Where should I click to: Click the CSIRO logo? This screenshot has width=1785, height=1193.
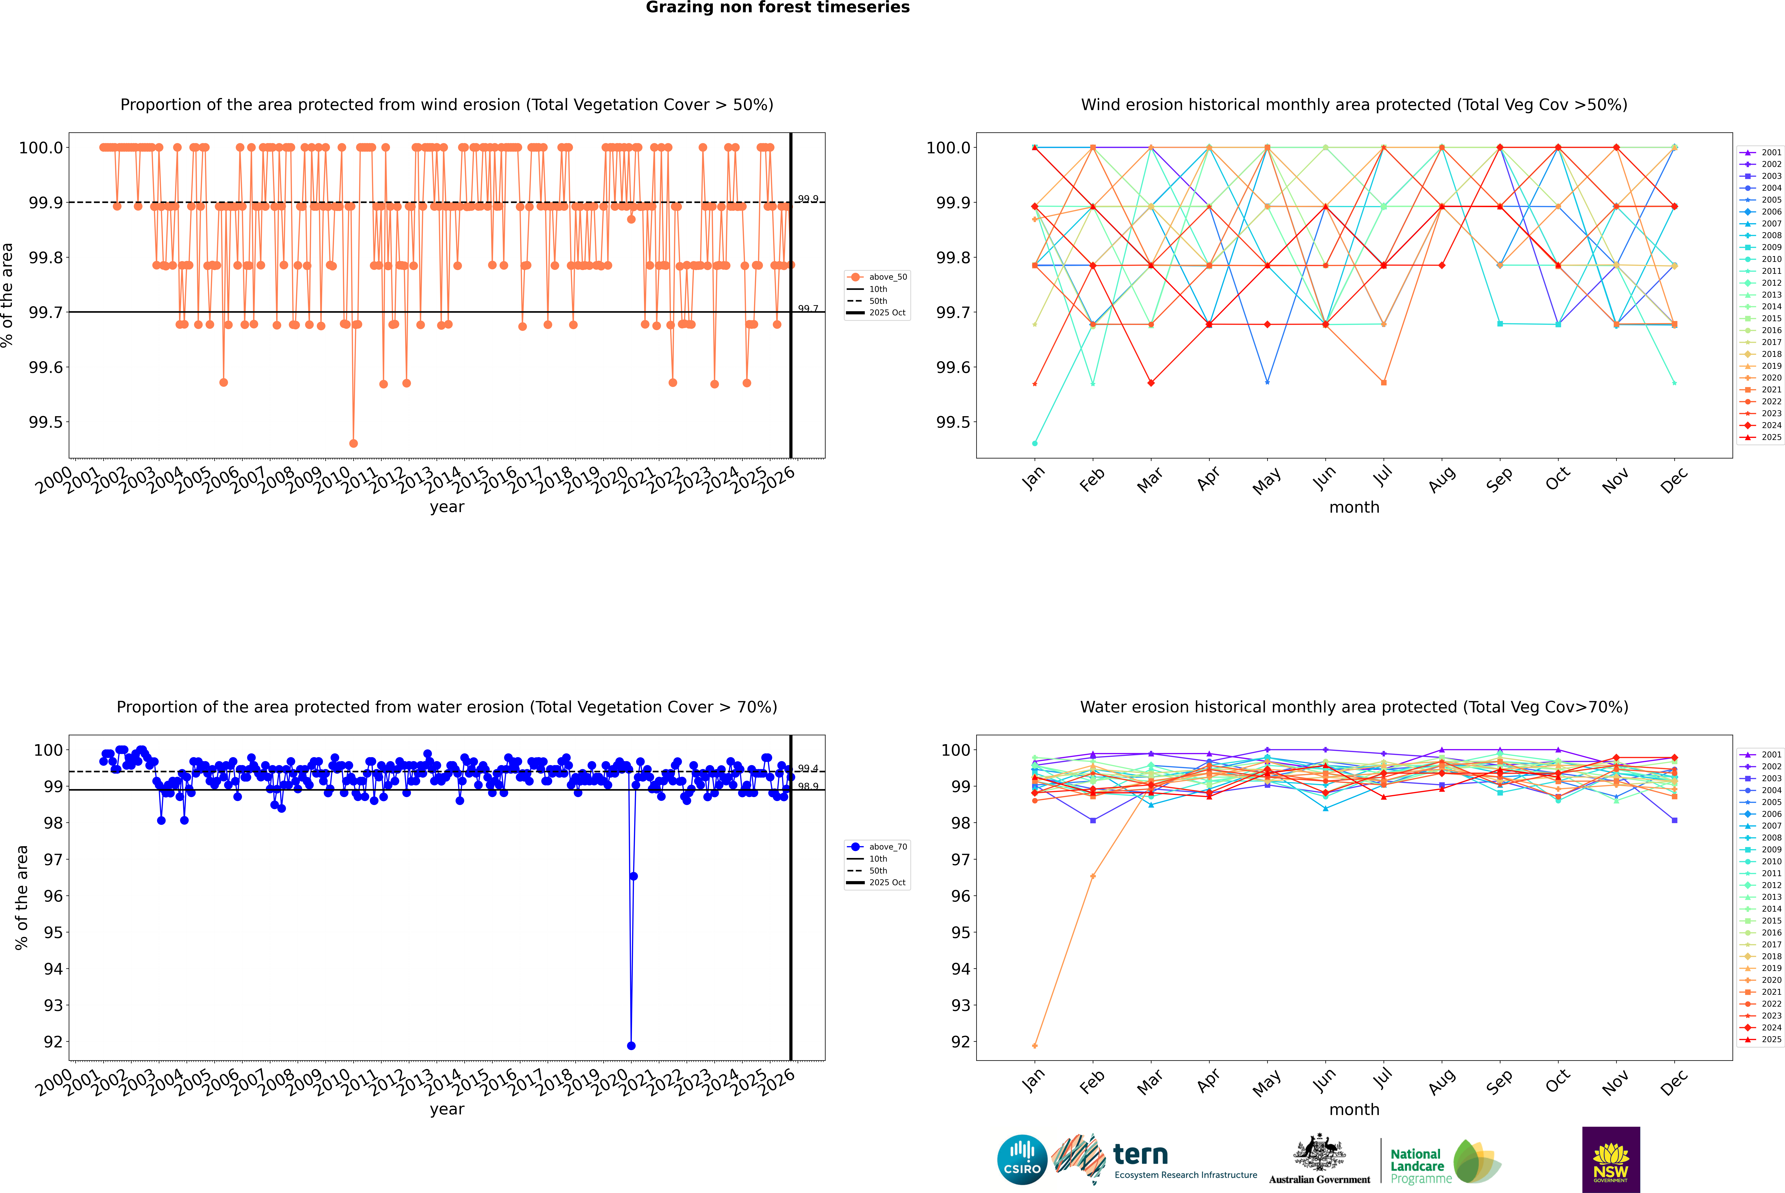1022,1160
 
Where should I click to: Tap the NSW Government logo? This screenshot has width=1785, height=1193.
1611,1160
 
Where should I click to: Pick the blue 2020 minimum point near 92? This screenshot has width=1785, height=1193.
631,1045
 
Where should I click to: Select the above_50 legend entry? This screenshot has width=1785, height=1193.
877,277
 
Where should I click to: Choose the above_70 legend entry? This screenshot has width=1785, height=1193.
877,847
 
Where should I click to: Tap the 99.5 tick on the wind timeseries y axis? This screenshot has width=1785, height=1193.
46,422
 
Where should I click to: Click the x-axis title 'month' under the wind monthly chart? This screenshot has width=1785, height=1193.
1354,508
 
